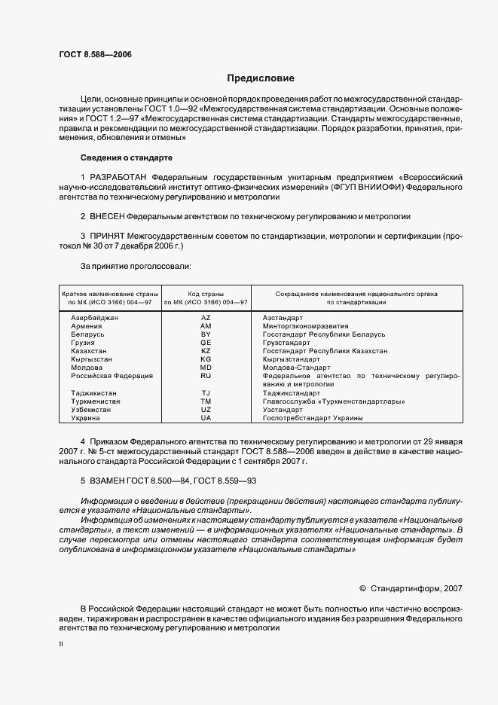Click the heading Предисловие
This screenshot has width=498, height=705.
[261, 78]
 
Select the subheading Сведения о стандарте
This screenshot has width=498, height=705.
[127, 157]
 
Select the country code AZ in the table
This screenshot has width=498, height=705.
[206, 318]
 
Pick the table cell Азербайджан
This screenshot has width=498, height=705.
[94, 318]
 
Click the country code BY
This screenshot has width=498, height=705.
[206, 334]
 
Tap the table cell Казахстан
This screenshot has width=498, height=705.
[89, 351]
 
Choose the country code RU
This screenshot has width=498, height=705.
[206, 375]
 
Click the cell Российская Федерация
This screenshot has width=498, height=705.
[112, 375]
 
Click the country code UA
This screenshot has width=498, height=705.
[206, 417]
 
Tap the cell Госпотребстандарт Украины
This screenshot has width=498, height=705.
[313, 417]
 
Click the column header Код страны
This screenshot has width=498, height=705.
[206, 293]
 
